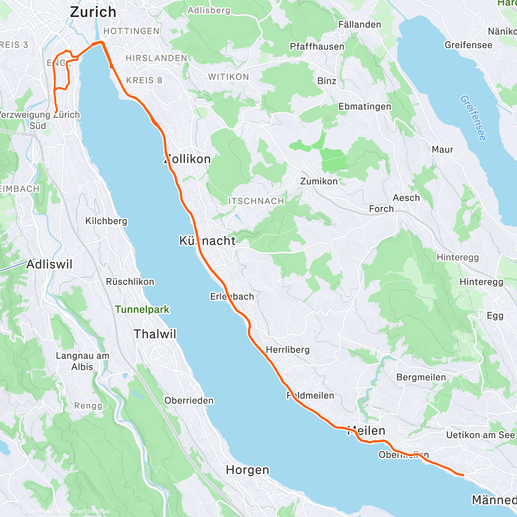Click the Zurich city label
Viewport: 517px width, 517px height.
coord(93,12)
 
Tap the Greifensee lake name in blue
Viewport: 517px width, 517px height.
coord(473,118)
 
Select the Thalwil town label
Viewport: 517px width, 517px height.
coord(155,334)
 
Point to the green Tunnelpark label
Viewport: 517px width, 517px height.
coord(142,309)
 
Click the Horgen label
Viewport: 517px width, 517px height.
coord(247,470)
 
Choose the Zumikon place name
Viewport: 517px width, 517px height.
coord(319,181)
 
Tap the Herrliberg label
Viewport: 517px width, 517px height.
coord(288,350)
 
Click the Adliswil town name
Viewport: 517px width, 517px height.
coord(50,264)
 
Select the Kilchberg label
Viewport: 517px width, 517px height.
coord(106,221)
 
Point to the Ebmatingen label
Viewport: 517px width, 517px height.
coord(364,106)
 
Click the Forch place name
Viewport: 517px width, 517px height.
coord(381,209)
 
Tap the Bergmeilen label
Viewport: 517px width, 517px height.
coord(421,377)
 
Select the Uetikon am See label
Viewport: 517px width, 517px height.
coord(480,435)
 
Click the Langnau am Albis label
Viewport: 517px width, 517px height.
coord(82,361)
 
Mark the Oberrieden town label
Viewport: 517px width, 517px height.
coord(189,401)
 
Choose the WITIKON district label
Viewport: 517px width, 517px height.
coord(228,77)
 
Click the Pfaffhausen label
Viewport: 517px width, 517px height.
coord(317,47)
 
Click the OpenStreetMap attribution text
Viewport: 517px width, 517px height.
coord(90,512)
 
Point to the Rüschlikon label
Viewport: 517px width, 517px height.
coord(130,282)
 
